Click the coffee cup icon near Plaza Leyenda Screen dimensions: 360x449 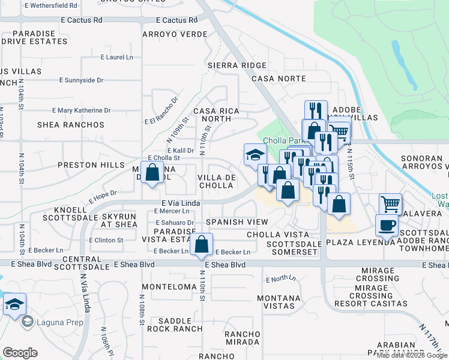(x=387, y=226)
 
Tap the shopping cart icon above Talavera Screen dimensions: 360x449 (x=390, y=205)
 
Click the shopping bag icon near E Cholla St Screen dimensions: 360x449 (x=153, y=172)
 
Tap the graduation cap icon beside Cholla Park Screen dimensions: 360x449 (x=255, y=154)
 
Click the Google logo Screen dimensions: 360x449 (x=20, y=353)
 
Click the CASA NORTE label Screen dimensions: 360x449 (x=279, y=79)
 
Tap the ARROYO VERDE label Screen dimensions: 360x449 (x=175, y=34)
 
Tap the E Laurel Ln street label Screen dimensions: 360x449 (x=116, y=58)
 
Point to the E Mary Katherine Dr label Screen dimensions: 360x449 (x=82, y=110)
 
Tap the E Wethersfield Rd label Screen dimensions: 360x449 (x=51, y=5)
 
